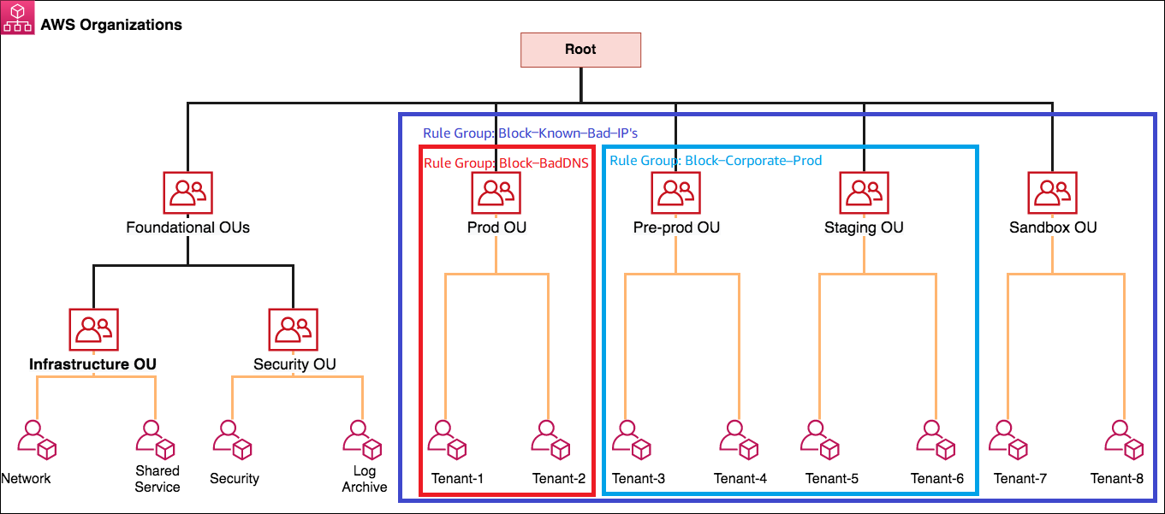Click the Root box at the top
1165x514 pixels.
[580, 50]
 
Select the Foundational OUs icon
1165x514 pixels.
[187, 192]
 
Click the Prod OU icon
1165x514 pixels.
[496, 192]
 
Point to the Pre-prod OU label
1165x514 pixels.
[676, 227]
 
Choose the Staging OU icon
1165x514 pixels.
[864, 192]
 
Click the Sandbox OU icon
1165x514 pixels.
[1052, 192]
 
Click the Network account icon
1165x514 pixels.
[36, 440]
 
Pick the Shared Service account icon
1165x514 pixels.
[156, 440]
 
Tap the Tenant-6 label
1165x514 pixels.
[936, 479]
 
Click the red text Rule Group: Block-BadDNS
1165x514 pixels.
[506, 163]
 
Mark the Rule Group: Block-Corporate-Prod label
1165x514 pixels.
[716, 160]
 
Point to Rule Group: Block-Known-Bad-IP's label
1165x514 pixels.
[530, 133]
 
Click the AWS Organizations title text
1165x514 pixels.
[111, 25]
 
